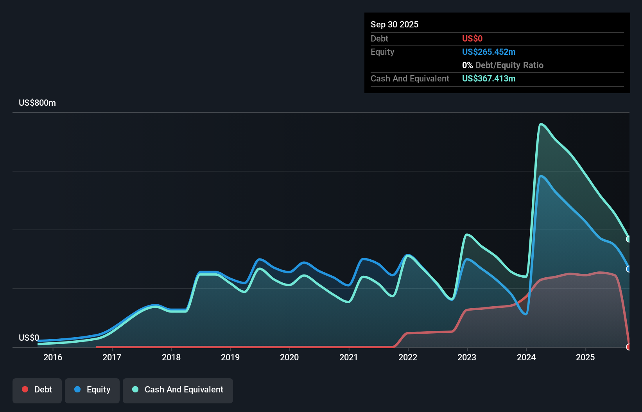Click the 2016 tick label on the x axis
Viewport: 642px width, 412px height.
click(53, 357)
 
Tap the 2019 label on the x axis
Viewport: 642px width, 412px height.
click(230, 357)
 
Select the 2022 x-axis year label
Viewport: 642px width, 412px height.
click(408, 357)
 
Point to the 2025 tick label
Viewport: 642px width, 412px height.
click(585, 357)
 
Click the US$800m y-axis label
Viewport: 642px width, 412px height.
click(37, 103)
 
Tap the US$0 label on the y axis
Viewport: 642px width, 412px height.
click(29, 338)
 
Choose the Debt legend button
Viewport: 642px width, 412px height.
click(37, 390)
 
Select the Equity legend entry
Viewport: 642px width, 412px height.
click(92, 390)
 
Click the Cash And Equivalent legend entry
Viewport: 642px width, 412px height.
click(178, 390)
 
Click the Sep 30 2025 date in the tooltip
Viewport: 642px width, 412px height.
click(395, 24)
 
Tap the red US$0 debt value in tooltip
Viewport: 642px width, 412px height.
click(472, 38)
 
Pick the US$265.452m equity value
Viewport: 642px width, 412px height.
click(488, 52)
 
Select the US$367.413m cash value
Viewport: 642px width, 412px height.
click(488, 78)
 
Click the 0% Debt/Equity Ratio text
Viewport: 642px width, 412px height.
click(502, 65)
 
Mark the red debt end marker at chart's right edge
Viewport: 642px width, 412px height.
click(629, 347)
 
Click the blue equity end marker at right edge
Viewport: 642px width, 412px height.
click(629, 269)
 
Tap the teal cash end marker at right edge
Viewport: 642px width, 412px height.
click(629, 239)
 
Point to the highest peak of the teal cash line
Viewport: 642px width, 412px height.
click(541, 124)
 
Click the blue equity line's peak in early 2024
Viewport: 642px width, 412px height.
click(541, 176)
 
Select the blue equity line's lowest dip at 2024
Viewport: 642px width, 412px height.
click(526, 314)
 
